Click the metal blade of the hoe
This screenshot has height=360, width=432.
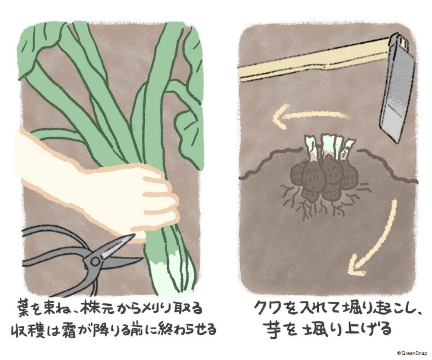(x=397, y=86)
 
